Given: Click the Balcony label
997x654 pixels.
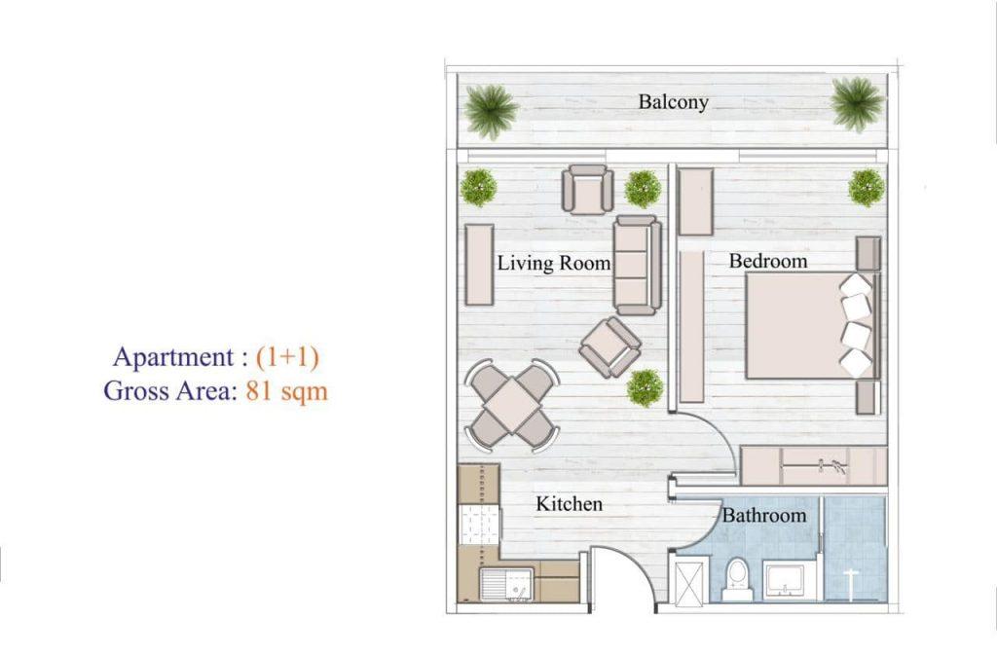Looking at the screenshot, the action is coord(674,101).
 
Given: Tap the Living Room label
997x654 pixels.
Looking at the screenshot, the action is coord(553,263).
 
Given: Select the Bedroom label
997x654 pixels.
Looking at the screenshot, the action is coord(768,261).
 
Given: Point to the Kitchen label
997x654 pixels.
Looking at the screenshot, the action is coord(569,503).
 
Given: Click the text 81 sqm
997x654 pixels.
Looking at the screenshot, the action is coord(287,390).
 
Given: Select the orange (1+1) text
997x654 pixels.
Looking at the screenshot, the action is coord(287,356).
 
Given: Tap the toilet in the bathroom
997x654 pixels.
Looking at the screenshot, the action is coord(738,580).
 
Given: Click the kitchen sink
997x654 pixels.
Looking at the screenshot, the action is coord(506,585).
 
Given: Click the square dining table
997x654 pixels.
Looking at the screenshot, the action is coord(512,404).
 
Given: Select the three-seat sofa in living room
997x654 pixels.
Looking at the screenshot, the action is coord(637,265).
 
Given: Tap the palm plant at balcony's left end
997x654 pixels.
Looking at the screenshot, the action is coord(491,110).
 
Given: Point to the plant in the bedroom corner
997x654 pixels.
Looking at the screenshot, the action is coord(866,188).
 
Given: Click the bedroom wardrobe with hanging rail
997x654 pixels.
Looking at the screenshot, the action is coord(814,466).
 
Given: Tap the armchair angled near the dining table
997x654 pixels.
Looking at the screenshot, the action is coord(610,347).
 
